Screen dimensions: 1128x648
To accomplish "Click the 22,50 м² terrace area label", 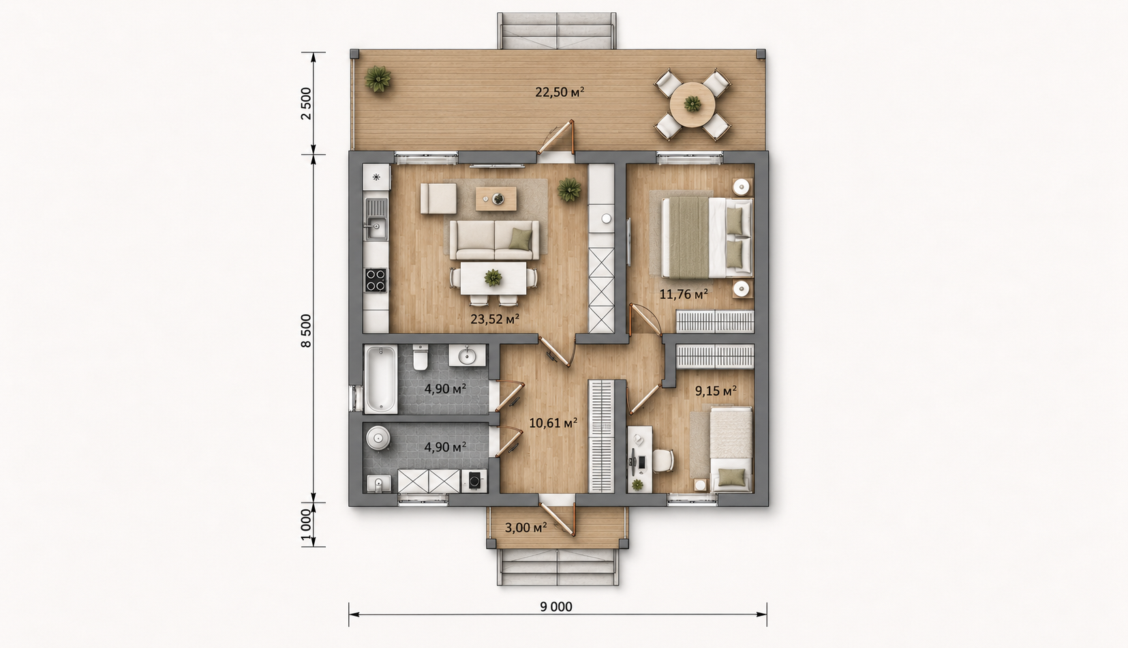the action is [560, 92].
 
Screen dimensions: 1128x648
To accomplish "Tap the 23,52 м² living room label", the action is [495, 319].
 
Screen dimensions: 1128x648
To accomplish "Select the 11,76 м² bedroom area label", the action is [684, 294].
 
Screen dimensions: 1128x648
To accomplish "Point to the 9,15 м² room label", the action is [716, 391].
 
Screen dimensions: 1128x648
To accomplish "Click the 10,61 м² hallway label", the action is [553, 423].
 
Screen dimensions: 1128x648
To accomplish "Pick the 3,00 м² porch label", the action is [525, 527].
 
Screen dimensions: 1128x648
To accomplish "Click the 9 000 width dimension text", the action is [556, 606].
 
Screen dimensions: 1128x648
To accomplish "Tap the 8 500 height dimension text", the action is [306, 331].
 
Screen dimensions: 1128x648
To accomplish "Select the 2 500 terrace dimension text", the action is [306, 104].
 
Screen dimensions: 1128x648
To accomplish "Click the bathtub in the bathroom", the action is [380, 379].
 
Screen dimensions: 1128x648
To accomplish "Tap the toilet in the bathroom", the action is [420, 357].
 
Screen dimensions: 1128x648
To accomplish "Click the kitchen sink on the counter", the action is [376, 220].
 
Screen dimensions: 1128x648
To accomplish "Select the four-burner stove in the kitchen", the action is [376, 280].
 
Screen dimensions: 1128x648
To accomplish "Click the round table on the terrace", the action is [692, 105].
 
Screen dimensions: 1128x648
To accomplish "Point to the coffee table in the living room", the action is [496, 199].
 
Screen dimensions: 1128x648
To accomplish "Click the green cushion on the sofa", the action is [520, 239].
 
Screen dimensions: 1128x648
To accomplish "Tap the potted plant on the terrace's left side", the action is [378, 79].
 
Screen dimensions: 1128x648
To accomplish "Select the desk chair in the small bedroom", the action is [663, 460].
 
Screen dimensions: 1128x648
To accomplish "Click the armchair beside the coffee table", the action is [439, 198].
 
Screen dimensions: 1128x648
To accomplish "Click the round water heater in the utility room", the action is [378, 438].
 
